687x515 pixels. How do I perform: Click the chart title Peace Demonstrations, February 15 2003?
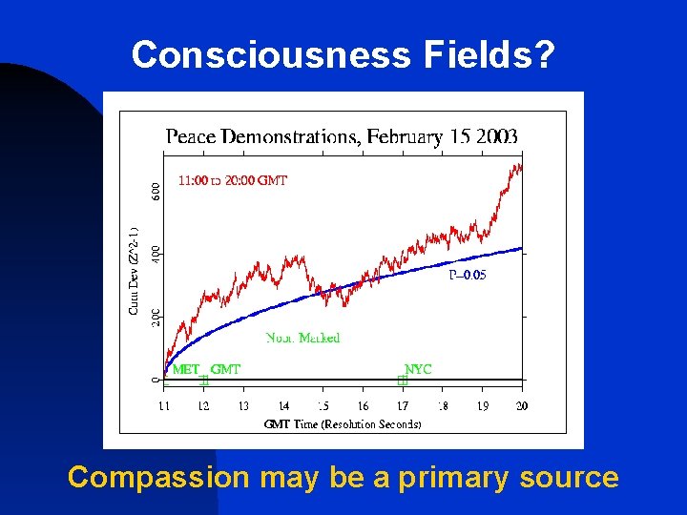[342, 136]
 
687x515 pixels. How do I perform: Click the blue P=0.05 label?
[467, 275]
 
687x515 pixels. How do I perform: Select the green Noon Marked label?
[302, 338]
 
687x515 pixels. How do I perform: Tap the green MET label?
[187, 368]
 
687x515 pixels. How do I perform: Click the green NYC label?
[418, 368]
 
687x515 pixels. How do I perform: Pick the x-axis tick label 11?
[163, 406]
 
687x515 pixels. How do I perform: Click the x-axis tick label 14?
[283, 406]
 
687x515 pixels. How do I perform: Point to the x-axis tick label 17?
[403, 406]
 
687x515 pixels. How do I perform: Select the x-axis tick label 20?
[521, 406]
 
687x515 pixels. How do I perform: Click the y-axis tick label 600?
[156, 191]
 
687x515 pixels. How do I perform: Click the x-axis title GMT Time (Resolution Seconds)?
[343, 424]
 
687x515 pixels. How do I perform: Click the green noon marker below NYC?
[402, 381]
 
